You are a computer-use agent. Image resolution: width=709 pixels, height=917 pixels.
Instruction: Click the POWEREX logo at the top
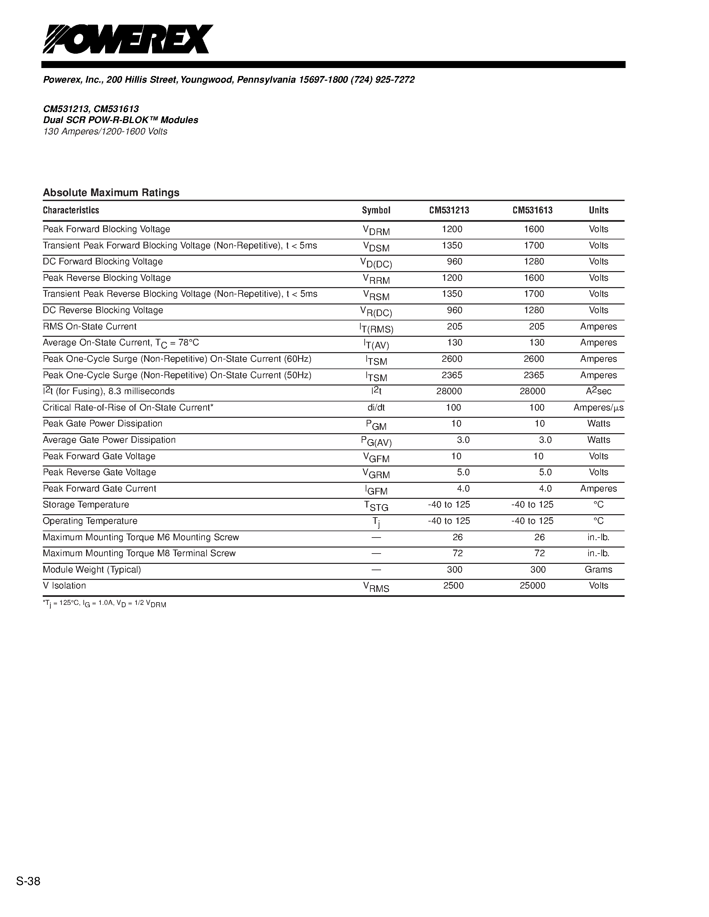tap(128, 39)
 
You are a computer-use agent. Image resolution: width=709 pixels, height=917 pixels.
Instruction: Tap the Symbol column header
tap(376, 210)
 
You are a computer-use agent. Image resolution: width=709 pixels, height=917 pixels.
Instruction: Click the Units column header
tap(598, 210)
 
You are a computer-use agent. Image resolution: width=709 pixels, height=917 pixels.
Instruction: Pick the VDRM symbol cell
tap(376, 230)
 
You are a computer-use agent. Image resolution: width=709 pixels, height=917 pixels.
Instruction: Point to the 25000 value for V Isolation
tap(532, 586)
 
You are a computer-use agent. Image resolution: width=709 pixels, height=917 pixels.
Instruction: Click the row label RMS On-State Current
tap(89, 327)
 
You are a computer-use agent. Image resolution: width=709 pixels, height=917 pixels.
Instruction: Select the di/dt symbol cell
tap(376, 408)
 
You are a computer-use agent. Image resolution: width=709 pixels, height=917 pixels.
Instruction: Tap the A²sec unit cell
tap(598, 391)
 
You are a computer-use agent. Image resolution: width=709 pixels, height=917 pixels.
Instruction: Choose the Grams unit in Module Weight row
tap(598, 570)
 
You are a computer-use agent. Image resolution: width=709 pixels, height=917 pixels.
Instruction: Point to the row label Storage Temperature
tap(86, 505)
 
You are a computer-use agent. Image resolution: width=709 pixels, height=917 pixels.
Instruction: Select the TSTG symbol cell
tap(376, 506)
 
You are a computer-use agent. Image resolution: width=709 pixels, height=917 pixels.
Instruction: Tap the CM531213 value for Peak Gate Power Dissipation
tap(456, 423)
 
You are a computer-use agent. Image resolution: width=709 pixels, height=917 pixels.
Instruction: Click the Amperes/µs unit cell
tap(598, 408)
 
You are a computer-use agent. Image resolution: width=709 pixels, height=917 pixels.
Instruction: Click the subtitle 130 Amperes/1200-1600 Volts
tap(105, 132)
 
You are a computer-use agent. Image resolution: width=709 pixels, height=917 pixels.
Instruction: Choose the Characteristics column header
tap(71, 210)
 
